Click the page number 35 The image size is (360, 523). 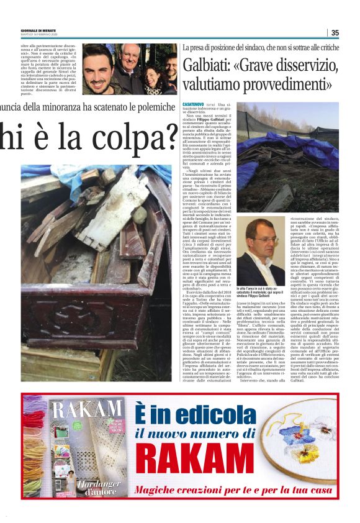(x=335, y=32)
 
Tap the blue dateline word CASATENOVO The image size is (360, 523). (x=195, y=106)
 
